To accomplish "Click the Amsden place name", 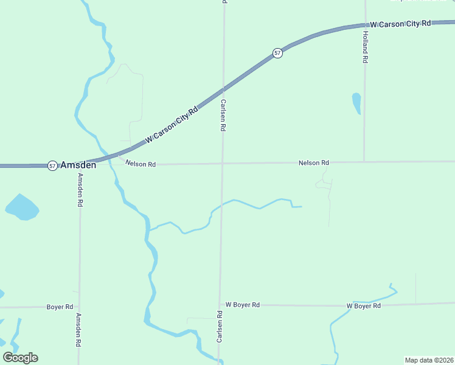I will (x=78, y=165).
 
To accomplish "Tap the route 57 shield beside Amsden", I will (x=53, y=165).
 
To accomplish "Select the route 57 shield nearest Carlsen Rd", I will (x=277, y=53).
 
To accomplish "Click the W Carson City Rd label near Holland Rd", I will (x=400, y=24).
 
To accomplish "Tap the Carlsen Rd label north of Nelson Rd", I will (x=223, y=116).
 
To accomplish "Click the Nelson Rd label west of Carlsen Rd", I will (x=141, y=164).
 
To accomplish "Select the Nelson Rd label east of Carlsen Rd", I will (x=313, y=163).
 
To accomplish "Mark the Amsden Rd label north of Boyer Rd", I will (x=80, y=190).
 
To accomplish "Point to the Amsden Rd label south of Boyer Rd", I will (x=78, y=330).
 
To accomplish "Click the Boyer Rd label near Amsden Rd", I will (x=60, y=307).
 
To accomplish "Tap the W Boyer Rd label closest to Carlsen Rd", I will (x=243, y=305).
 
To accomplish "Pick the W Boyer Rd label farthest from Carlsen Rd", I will (x=363, y=306).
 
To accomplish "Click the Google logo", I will (x=20, y=358).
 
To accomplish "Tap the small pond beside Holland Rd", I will (x=356, y=103).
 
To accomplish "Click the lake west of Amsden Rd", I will (x=22, y=207).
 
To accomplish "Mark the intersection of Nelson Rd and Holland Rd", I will (x=364, y=162).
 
